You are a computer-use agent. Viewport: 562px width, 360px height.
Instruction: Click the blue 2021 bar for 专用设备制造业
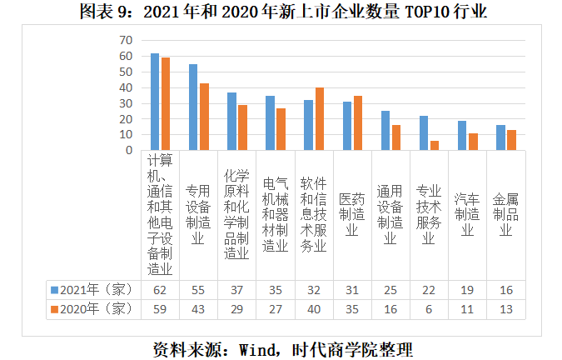(193, 107)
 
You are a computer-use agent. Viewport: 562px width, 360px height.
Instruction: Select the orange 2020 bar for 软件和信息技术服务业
(319, 119)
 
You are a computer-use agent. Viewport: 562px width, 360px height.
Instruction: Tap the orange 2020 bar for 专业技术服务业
(435, 146)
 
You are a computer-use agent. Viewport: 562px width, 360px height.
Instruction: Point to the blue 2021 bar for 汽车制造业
(462, 136)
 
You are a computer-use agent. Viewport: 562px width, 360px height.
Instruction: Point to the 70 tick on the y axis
(126, 40)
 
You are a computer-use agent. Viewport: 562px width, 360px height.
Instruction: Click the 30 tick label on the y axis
(126, 103)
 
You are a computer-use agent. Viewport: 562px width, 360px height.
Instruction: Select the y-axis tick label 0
(129, 151)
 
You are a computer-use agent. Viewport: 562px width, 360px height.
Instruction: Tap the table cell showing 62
(160, 289)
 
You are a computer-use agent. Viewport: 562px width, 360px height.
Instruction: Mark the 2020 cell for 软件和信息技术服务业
(314, 308)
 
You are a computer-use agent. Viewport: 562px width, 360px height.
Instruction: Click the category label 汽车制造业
(467, 215)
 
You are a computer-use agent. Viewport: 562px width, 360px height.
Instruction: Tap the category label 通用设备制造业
(390, 215)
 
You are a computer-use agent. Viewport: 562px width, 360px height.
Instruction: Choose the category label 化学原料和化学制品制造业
(236, 215)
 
